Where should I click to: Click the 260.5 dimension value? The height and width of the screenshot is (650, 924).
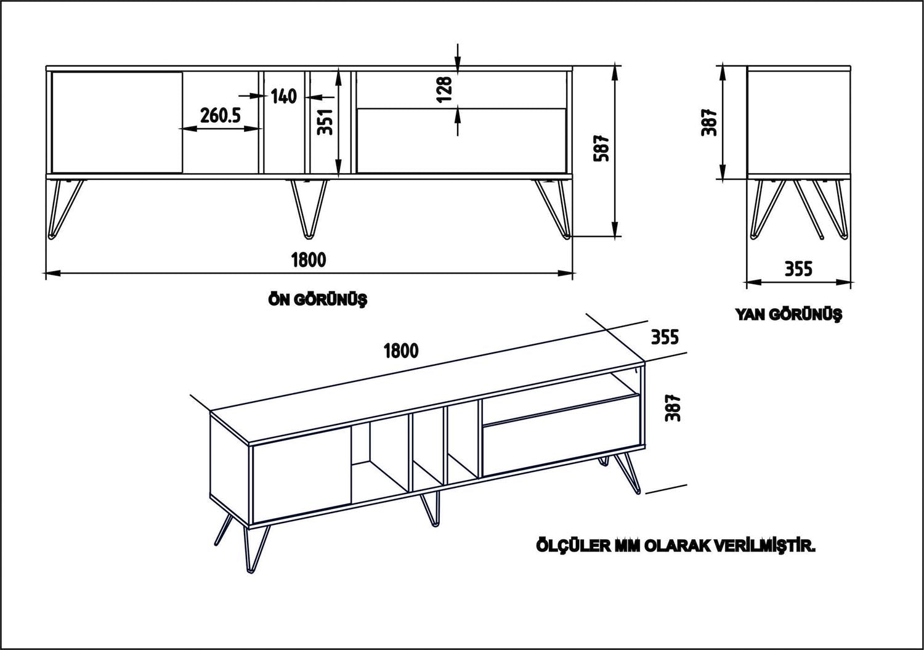click(x=220, y=115)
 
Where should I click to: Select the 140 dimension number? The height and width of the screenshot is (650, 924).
click(x=283, y=96)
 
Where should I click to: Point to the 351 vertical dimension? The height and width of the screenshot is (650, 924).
click(x=328, y=121)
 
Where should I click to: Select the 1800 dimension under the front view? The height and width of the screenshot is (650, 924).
click(x=308, y=259)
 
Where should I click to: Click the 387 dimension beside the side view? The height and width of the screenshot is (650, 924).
click(x=710, y=122)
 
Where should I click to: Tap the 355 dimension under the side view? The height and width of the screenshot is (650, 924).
click(x=798, y=269)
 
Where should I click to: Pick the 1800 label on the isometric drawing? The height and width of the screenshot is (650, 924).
click(x=401, y=351)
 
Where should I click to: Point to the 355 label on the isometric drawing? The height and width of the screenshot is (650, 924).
click(x=665, y=337)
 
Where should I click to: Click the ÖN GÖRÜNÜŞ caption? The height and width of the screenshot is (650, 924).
click(x=317, y=300)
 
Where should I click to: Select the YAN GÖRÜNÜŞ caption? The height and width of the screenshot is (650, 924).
click(x=788, y=314)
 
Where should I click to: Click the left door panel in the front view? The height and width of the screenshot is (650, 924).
click(x=117, y=122)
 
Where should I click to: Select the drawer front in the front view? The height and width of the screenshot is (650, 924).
click(x=461, y=140)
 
